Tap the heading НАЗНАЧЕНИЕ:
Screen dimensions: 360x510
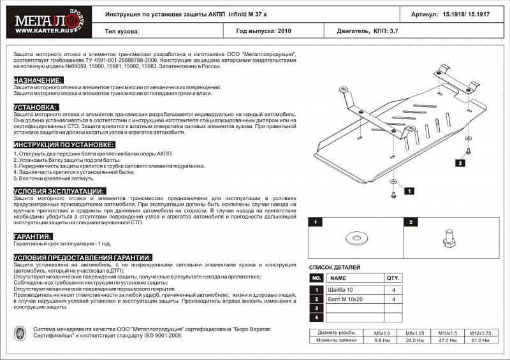pyautogui.click(x=38, y=80)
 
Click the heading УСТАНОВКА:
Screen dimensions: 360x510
pyautogui.click(x=36, y=107)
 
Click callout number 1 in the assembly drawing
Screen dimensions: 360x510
pyautogui.click(x=409, y=191)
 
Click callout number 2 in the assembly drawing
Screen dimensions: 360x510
pyautogui.click(x=460, y=163)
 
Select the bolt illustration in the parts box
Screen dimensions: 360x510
pyautogui.click(x=446, y=240)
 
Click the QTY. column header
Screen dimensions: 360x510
pyautogui.click(x=393, y=278)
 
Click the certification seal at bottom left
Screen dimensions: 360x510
pyautogui.click(x=20, y=333)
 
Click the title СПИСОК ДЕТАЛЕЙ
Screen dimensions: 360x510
pyautogui.click(x=335, y=267)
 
